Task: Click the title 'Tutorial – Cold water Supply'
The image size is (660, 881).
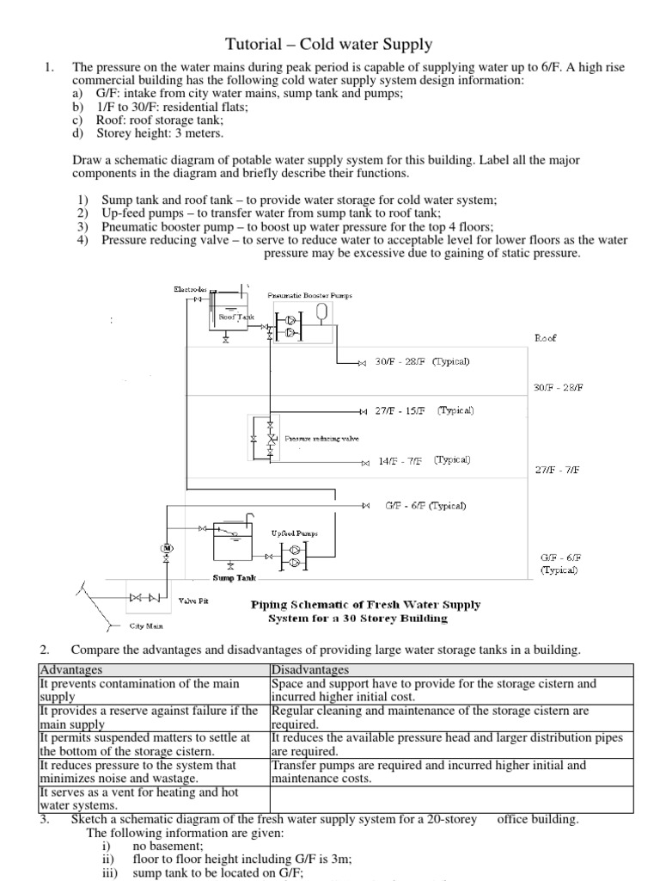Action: click(329, 44)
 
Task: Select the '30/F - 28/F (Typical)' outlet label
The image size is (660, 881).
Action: click(422, 362)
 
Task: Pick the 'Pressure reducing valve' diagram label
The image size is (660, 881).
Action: click(322, 438)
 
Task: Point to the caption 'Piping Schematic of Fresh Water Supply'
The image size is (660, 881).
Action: click(365, 605)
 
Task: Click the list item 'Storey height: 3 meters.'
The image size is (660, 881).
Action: click(159, 133)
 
